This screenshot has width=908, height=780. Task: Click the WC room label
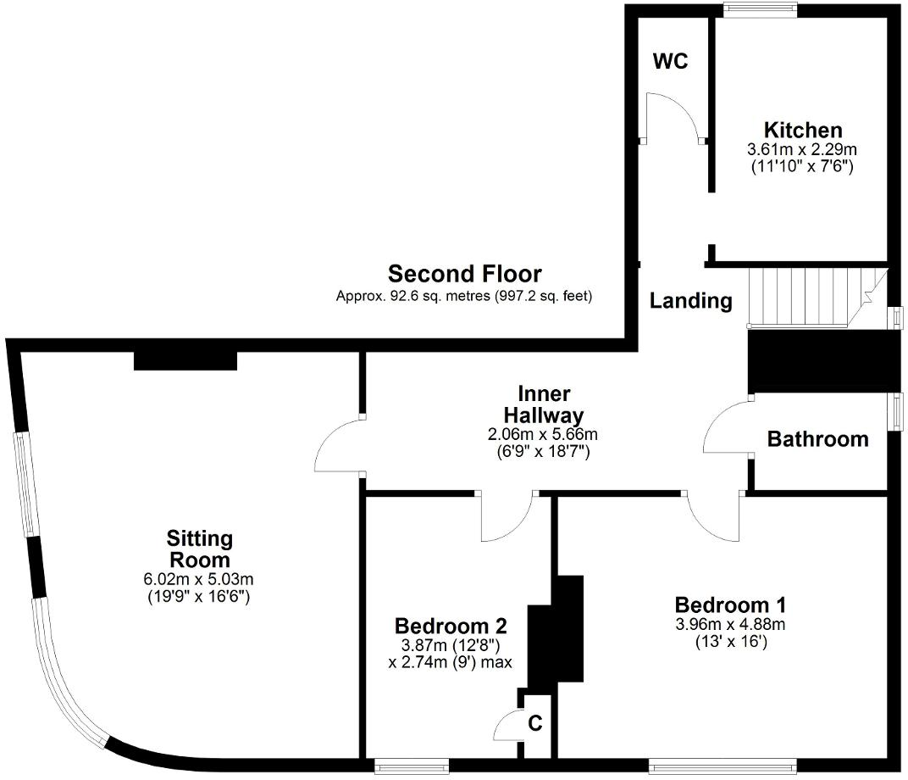(x=670, y=62)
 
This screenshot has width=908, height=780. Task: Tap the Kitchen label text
(x=802, y=130)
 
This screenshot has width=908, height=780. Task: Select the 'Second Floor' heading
(x=464, y=274)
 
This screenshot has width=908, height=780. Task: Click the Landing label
(x=691, y=300)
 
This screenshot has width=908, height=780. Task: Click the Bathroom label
(x=817, y=439)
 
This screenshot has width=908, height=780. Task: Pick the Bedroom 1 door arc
(x=713, y=520)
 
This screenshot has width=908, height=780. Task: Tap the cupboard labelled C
(x=535, y=724)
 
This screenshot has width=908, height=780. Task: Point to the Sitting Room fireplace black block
(x=185, y=360)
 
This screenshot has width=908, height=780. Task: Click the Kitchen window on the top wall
(x=760, y=9)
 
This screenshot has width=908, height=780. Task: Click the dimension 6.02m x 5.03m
(x=199, y=580)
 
